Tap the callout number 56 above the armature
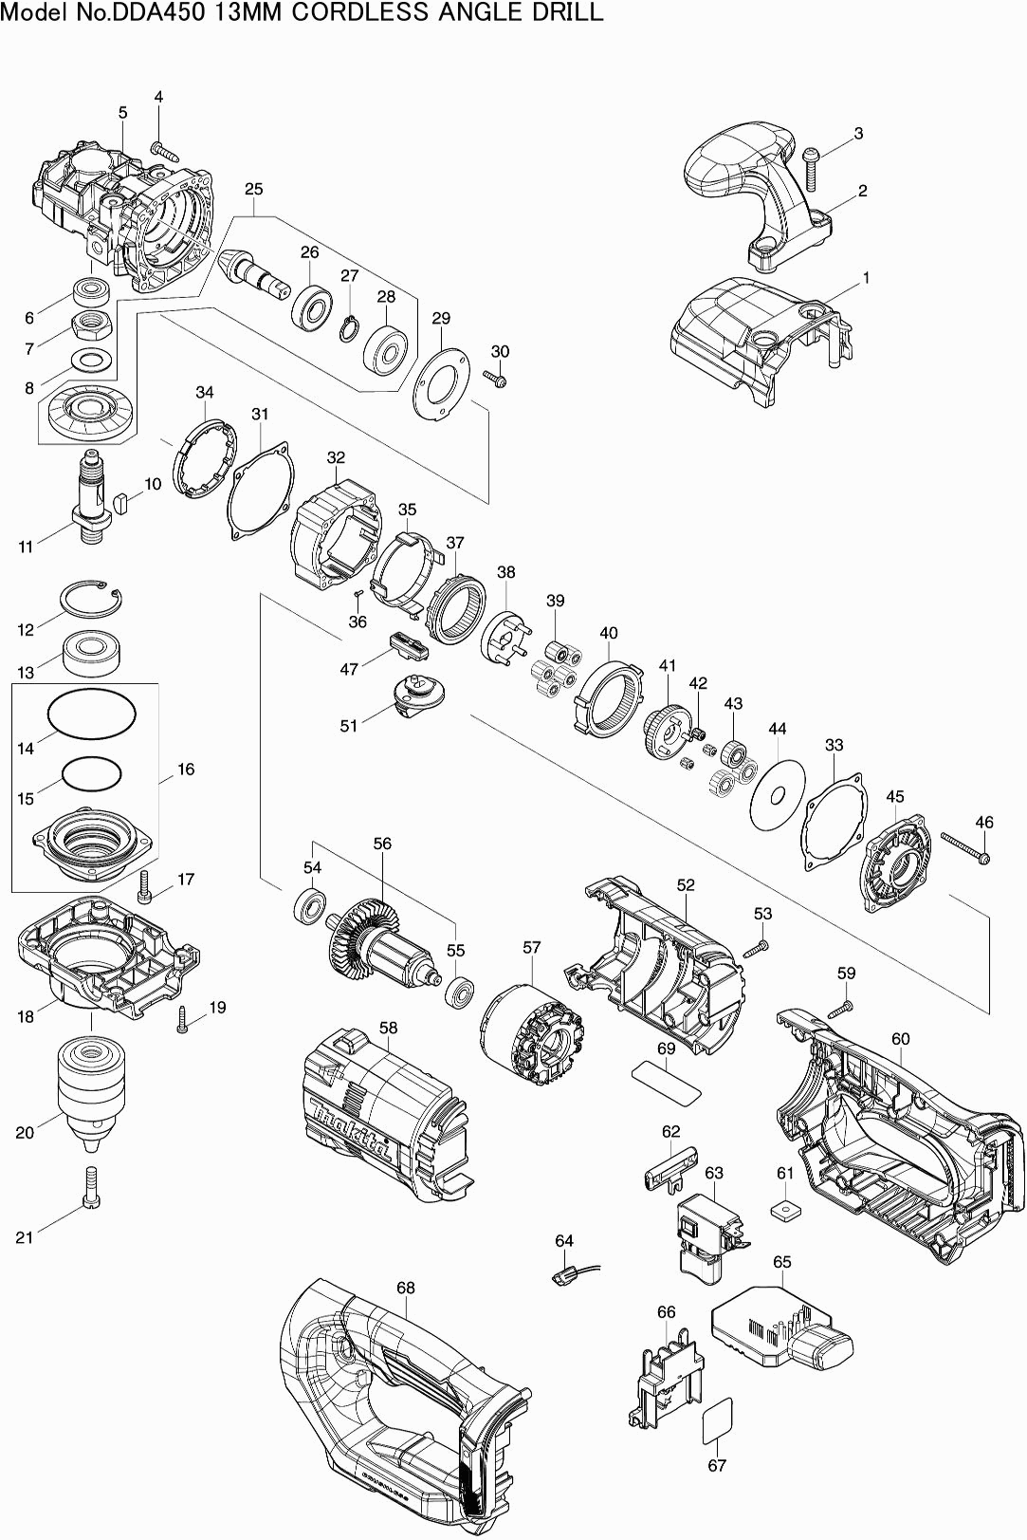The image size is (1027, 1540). click(382, 844)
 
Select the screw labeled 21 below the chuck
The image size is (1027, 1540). click(91, 1187)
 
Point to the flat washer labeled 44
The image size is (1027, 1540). click(777, 791)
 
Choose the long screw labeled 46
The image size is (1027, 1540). click(965, 847)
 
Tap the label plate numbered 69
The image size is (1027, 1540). click(666, 1078)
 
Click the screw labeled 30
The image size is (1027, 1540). click(497, 380)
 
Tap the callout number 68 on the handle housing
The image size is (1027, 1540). click(406, 1288)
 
